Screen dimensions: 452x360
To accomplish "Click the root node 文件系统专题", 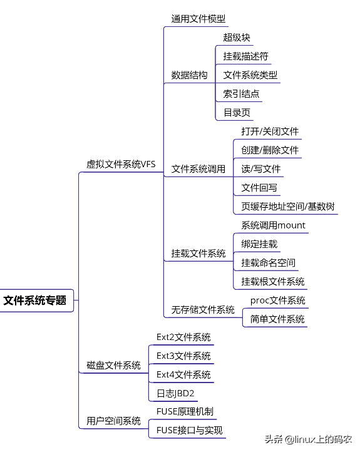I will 35,300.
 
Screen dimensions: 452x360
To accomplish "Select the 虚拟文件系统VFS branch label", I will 121,165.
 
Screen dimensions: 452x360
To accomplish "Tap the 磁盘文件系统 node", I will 113,366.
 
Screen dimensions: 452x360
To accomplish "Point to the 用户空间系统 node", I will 113,421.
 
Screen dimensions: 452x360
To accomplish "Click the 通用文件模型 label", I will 198,19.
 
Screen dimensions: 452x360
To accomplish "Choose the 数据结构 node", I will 190,75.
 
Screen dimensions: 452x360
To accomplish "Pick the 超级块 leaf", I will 237,38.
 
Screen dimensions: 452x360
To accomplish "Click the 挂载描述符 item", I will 246,56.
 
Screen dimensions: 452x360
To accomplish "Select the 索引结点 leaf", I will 242,94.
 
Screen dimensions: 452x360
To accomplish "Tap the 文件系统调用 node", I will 198,169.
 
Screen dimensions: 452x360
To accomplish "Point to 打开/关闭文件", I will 270,131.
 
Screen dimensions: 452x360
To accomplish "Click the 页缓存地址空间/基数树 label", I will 288,207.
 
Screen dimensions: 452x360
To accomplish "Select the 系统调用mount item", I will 274,225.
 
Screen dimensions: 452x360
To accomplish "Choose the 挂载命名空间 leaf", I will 269,263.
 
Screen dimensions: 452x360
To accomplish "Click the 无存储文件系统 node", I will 203,310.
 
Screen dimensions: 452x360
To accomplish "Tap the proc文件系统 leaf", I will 278,300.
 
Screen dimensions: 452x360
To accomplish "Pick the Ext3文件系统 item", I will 183,356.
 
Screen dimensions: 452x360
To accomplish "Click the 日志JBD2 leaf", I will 175,393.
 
